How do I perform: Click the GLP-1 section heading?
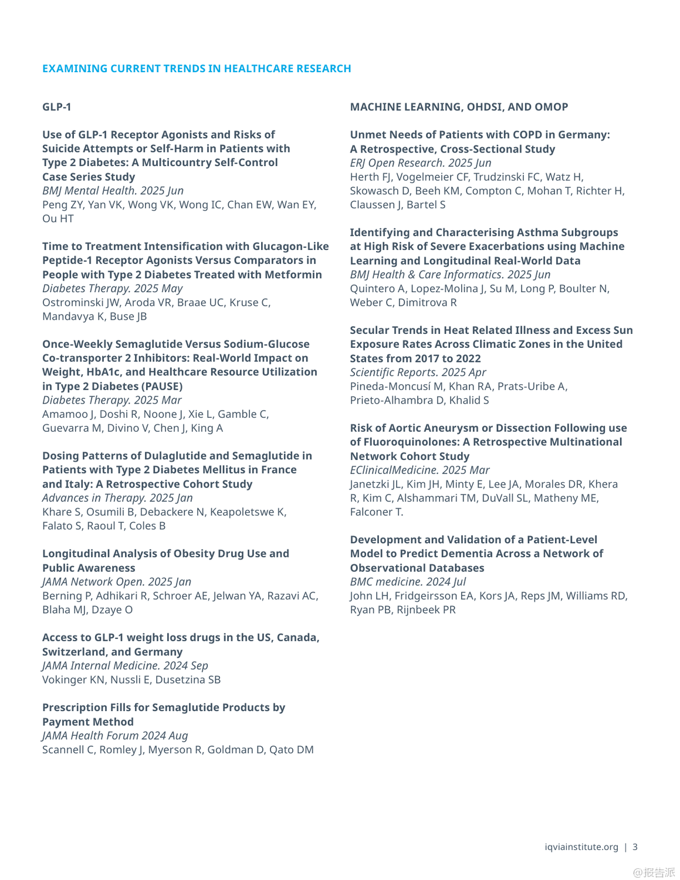click(57, 107)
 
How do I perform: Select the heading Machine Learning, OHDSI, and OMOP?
click(459, 107)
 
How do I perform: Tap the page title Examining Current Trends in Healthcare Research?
click(197, 69)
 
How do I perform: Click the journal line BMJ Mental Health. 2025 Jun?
click(113, 191)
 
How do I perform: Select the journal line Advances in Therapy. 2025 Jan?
click(117, 497)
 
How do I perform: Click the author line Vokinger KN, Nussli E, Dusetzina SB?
click(131, 679)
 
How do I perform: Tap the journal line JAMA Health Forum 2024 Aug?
click(115, 736)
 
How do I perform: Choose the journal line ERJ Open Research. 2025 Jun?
click(421, 163)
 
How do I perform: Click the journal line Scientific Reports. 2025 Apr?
click(418, 372)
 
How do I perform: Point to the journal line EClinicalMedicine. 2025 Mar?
click(419, 470)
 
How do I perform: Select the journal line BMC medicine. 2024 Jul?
click(408, 581)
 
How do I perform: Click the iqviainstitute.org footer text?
click(581, 847)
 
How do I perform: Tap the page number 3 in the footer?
click(635, 847)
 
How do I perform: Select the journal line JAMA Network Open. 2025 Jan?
click(117, 581)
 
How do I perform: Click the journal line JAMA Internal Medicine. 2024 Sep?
click(125, 665)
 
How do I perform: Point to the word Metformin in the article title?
click(290, 274)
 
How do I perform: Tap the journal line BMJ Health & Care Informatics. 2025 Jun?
click(450, 274)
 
